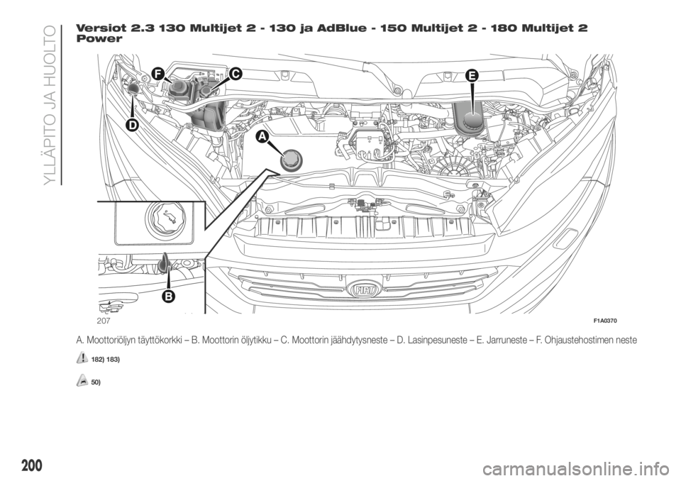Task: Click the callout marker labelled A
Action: coord(262,137)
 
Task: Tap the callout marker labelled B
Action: coord(169,296)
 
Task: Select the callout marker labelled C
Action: coord(235,74)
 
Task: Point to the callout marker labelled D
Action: coord(132,125)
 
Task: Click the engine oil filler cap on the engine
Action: coord(291,161)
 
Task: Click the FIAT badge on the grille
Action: coord(365,290)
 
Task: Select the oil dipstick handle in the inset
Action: coord(164,263)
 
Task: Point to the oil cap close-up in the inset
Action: coord(165,219)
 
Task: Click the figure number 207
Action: coord(104,321)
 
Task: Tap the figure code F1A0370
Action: coord(605,321)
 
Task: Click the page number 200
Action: coord(32,465)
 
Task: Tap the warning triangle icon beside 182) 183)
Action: coord(81,358)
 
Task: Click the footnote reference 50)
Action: coord(96,382)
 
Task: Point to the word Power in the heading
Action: coord(99,38)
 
